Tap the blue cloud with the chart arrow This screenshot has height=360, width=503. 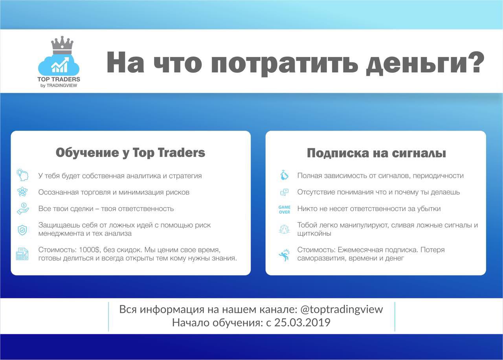click(x=59, y=65)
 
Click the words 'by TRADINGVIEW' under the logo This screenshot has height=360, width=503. click(x=59, y=86)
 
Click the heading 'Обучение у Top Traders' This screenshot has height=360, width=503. click(x=130, y=153)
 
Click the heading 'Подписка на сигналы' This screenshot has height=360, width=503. click(x=376, y=153)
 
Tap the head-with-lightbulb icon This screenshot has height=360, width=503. click(x=22, y=175)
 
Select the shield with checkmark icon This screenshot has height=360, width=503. click(x=22, y=230)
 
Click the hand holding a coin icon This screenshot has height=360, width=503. click(x=23, y=208)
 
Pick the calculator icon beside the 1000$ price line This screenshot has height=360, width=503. click(x=22, y=254)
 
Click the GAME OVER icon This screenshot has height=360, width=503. click(x=285, y=209)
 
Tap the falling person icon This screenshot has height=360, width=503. click(x=285, y=255)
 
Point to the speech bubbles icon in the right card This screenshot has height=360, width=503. click(x=284, y=192)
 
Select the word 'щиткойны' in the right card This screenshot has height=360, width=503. click(x=314, y=233)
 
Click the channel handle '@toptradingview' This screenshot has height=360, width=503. click(x=341, y=309)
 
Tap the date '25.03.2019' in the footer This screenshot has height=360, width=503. click(x=302, y=323)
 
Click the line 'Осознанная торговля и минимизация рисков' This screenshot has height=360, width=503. click(x=114, y=192)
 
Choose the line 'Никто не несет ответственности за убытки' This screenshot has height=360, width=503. click(x=369, y=209)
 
